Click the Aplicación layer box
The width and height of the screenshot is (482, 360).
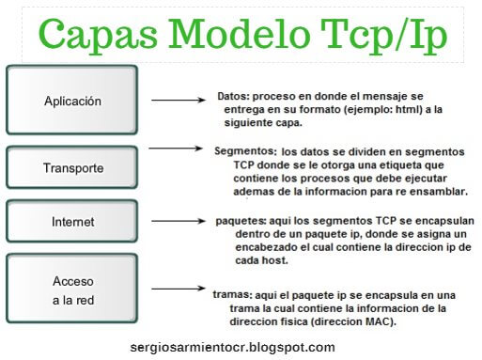72,101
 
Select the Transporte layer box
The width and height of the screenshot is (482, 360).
72,168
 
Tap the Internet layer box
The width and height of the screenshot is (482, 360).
72,223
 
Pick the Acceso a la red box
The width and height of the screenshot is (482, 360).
72,290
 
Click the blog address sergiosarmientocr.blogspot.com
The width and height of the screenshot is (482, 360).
233,347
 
